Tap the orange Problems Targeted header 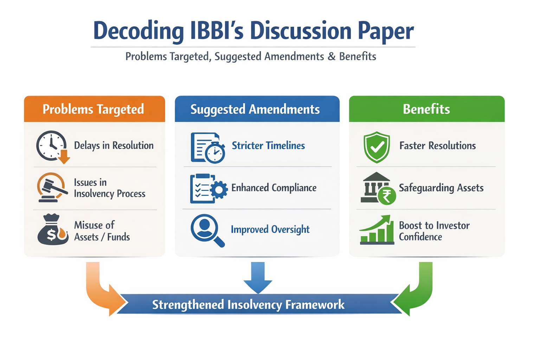(x=94, y=109)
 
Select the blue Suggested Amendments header (x=255, y=109)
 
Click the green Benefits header (x=426, y=109)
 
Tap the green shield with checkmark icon (x=377, y=147)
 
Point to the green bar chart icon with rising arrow (x=377, y=230)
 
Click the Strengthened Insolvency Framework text (x=248, y=304)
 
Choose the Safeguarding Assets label (x=441, y=188)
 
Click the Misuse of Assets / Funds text (x=102, y=231)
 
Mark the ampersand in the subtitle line (x=331, y=57)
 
